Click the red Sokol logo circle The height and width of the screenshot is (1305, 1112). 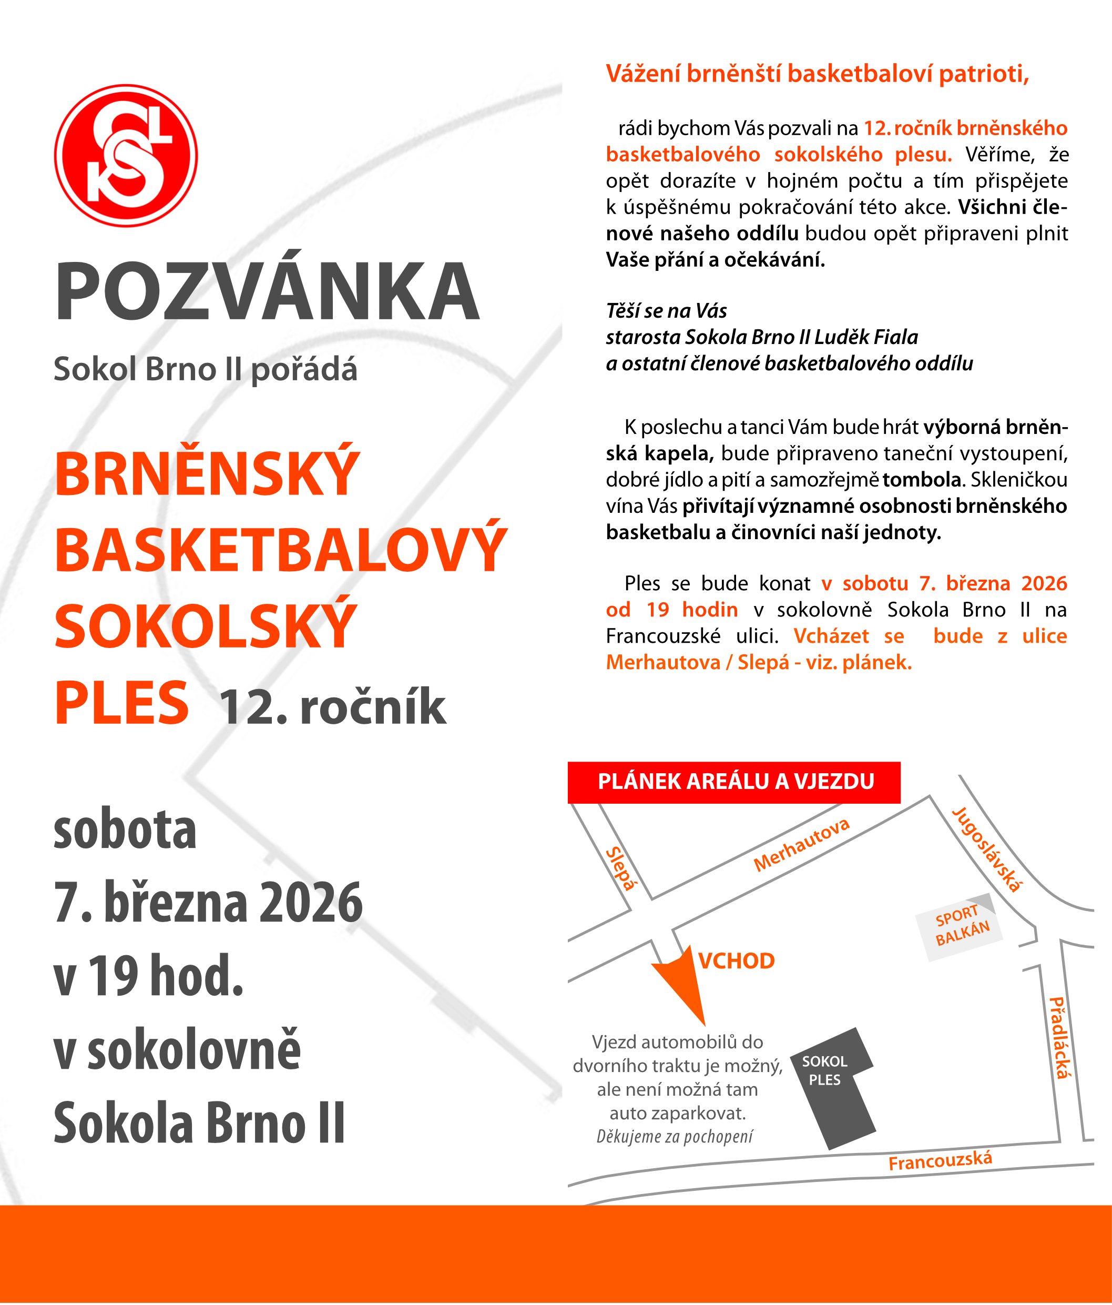click(126, 156)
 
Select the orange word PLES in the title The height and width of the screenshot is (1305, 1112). click(121, 703)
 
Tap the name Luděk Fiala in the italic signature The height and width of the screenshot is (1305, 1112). click(866, 337)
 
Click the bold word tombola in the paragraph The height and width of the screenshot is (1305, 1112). click(921, 480)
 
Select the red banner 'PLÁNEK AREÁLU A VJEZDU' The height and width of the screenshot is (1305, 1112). click(734, 782)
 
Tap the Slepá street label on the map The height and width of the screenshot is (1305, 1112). click(621, 868)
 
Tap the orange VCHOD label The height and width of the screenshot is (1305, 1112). click(736, 961)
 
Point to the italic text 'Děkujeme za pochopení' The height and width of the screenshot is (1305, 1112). click(675, 1136)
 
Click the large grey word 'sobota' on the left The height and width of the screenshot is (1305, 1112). click(125, 830)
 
